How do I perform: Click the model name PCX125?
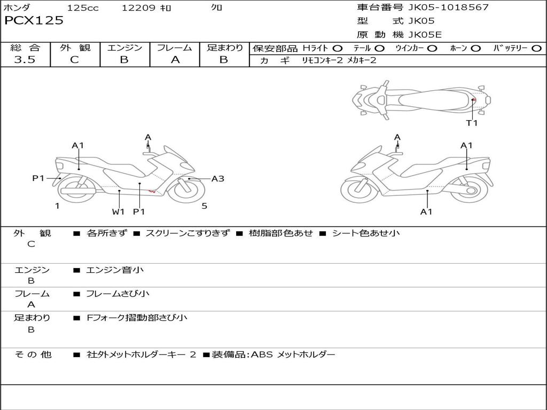pyautogui.click(x=34, y=21)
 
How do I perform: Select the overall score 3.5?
pyautogui.click(x=25, y=60)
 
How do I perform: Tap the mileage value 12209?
pyautogui.click(x=138, y=8)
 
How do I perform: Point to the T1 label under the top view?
pyautogui.click(x=472, y=123)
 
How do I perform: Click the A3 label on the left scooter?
pyautogui.click(x=218, y=179)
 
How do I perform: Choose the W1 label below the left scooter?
pyautogui.click(x=118, y=211)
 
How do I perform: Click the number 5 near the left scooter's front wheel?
pyautogui.click(x=204, y=206)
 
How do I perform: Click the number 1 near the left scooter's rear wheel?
pyautogui.click(x=57, y=206)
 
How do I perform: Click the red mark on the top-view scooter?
pyautogui.click(x=474, y=99)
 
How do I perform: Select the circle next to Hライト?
pyautogui.click(x=337, y=48)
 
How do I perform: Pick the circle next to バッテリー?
pyautogui.click(x=536, y=48)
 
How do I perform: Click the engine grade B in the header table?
pyautogui.click(x=124, y=60)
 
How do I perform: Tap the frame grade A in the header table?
pyautogui.click(x=175, y=60)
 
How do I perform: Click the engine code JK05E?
pyautogui.click(x=425, y=35)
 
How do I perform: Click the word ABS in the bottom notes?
pyautogui.click(x=262, y=354)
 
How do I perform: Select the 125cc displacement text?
pyautogui.click(x=83, y=8)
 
